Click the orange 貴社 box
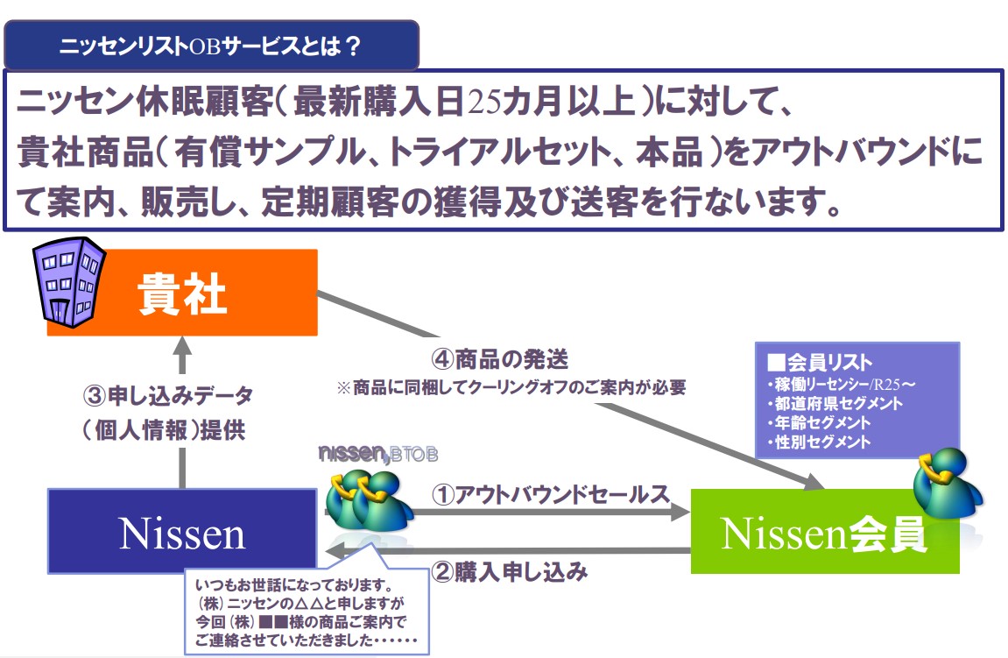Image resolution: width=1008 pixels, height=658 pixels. pyautogui.click(x=182, y=293)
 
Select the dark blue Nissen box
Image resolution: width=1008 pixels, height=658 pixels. pyautogui.click(x=182, y=532)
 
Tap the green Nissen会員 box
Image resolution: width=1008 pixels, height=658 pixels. pyautogui.click(x=825, y=532)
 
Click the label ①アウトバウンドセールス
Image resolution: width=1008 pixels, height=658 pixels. pyautogui.click(x=550, y=494)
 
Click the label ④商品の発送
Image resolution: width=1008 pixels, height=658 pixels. pyautogui.click(x=500, y=359)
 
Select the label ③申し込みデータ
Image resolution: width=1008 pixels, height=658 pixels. pyautogui.click(x=168, y=395)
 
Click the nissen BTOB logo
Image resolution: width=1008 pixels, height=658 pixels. pyautogui.click(x=378, y=454)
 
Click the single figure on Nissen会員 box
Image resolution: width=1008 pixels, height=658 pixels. pyautogui.click(x=948, y=483)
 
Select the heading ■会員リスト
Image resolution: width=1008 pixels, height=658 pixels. pyautogui.click(x=820, y=362)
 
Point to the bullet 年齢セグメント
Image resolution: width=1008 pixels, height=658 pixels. pyautogui.click(x=819, y=422)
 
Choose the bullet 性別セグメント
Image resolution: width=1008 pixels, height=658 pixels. pyautogui.click(x=819, y=442)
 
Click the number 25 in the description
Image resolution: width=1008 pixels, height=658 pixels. pyautogui.click(x=484, y=103)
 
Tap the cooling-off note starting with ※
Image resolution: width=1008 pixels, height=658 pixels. pyautogui.click(x=511, y=387)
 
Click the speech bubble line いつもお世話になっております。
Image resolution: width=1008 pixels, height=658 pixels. pyautogui.click(x=294, y=585)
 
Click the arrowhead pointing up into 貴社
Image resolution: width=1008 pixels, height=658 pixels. pyautogui.click(x=182, y=346)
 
